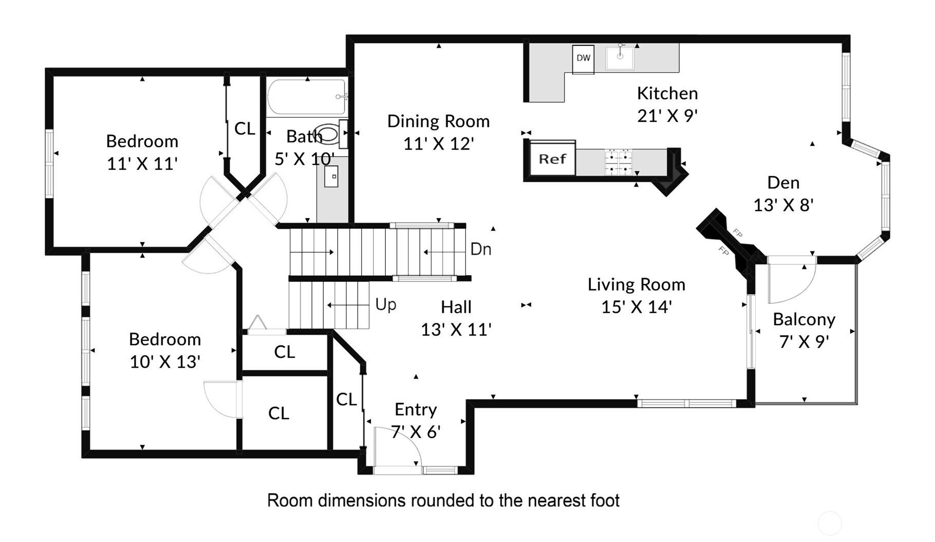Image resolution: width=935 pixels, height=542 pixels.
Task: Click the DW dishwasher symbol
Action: click(583, 59)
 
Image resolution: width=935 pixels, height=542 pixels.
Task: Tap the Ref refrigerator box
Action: click(552, 158)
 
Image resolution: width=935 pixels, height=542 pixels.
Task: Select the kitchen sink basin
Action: click(620, 58)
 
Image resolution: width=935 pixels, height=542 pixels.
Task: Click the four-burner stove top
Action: click(618, 162)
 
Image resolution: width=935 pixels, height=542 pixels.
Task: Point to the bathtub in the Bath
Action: click(307, 97)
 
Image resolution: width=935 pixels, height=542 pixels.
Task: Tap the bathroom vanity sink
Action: click(331, 176)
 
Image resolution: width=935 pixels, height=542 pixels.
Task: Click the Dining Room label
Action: click(438, 121)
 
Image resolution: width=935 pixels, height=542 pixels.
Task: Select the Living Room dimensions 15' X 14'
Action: click(637, 307)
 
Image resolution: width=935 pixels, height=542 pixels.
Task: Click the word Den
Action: click(783, 183)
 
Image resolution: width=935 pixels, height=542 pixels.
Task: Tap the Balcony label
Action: click(804, 319)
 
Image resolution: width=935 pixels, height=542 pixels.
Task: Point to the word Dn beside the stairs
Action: click(481, 249)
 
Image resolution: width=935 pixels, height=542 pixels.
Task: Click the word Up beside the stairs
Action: click(386, 304)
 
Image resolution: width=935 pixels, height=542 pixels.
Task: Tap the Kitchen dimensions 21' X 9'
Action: click(667, 116)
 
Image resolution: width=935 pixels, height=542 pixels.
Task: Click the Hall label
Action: click(456, 307)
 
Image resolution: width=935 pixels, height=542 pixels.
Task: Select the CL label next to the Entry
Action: click(346, 399)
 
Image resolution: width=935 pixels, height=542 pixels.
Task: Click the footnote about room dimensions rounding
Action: click(443, 500)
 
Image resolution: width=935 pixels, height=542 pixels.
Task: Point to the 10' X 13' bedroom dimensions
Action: click(165, 362)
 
